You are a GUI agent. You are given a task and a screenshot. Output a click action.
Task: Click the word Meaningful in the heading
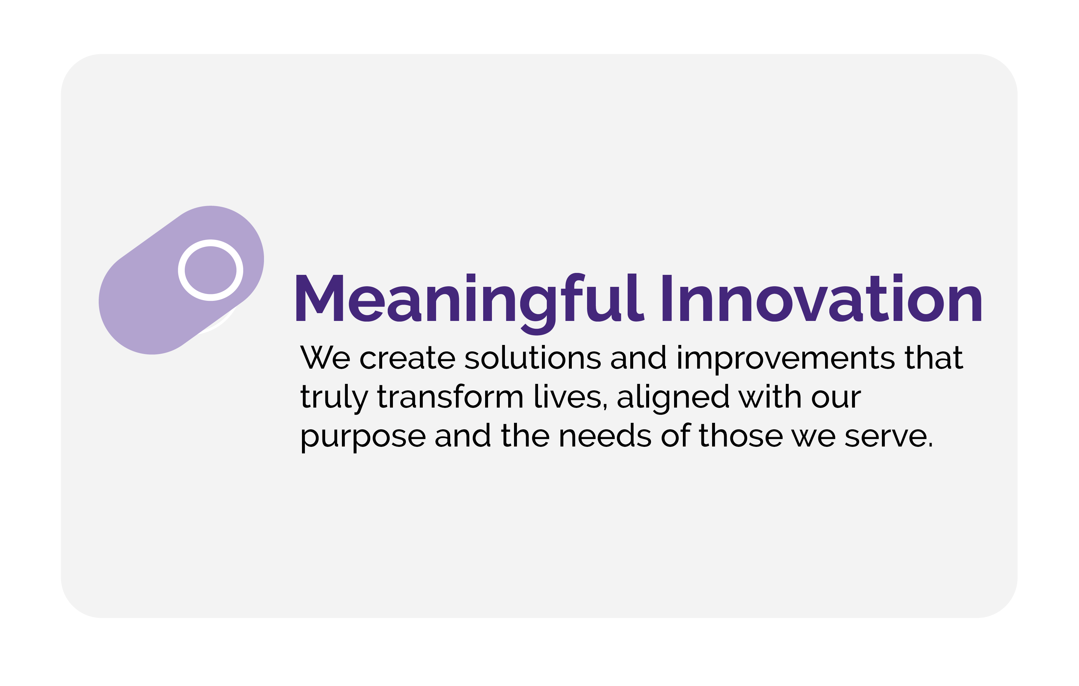(469, 299)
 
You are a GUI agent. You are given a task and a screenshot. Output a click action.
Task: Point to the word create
(407, 358)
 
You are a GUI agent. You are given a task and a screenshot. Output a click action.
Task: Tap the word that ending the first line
(934, 358)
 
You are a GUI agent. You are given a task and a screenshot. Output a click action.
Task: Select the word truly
(333, 398)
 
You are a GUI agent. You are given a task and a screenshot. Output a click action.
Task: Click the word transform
(450, 397)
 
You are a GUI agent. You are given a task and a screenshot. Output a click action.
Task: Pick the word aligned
(673, 398)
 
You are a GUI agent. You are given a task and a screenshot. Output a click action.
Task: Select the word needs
(605, 436)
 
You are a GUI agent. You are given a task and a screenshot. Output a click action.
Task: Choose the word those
(741, 436)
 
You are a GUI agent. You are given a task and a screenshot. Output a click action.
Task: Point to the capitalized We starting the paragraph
(325, 358)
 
